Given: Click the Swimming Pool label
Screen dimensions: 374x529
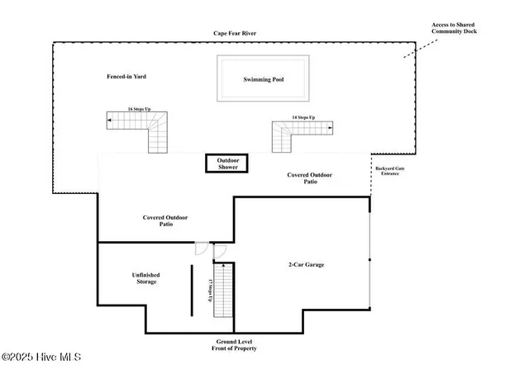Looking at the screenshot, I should pyautogui.click(x=263, y=79).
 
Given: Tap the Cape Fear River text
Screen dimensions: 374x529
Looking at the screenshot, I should pyautogui.click(x=233, y=34).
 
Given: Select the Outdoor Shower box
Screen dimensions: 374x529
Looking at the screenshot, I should pyautogui.click(x=227, y=163).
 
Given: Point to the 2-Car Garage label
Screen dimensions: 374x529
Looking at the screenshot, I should pyautogui.click(x=306, y=265).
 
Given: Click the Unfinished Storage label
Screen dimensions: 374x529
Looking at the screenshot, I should pyautogui.click(x=145, y=278).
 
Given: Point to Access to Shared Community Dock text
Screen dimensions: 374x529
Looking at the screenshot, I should pyautogui.click(x=454, y=28).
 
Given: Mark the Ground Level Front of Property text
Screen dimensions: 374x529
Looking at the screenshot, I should pyautogui.click(x=234, y=345).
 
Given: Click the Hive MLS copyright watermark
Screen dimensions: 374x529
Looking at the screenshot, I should pyautogui.click(x=41, y=357).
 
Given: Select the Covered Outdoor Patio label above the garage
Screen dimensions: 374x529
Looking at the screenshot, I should pyautogui.click(x=311, y=178).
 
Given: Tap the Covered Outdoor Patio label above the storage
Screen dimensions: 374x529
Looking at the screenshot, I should pyautogui.click(x=166, y=220).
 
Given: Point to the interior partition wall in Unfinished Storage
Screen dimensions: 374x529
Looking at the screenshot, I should pyautogui.click(x=193, y=289).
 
